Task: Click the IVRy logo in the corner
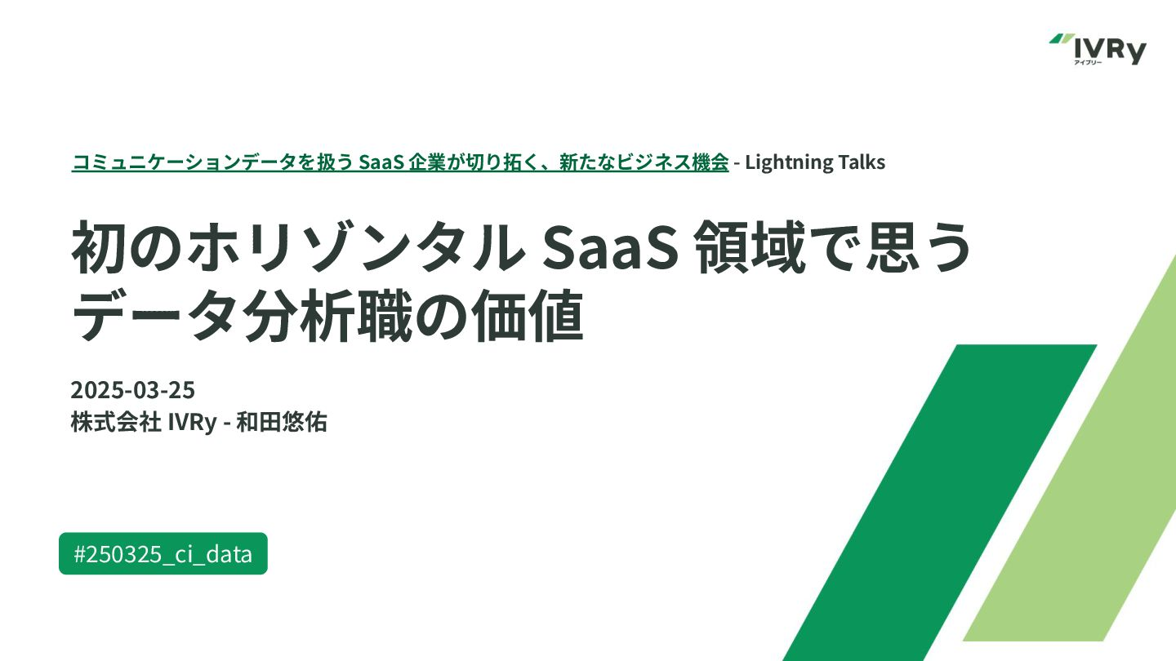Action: [1098, 49]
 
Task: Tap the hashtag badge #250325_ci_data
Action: [163, 553]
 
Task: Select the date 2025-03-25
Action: [133, 390]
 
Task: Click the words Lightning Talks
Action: [815, 162]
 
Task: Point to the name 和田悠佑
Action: [282, 423]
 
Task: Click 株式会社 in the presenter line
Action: [116, 423]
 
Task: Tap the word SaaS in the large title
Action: [610, 247]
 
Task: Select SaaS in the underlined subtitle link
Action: [381, 162]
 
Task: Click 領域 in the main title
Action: [750, 247]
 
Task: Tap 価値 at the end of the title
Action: [528, 316]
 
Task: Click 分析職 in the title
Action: [327, 316]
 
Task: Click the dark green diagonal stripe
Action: [940, 503]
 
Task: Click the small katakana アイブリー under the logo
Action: [1088, 63]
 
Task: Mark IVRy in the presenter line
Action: [192, 423]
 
